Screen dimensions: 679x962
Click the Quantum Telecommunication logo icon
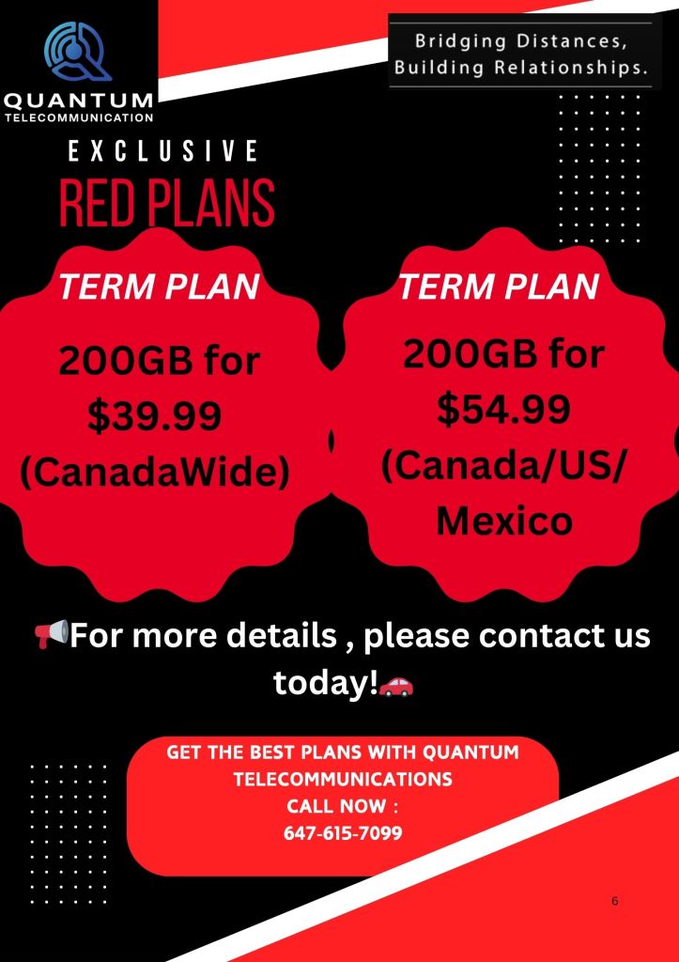coord(78,52)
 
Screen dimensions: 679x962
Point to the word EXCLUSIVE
coord(162,151)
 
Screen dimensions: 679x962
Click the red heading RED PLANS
coord(167,202)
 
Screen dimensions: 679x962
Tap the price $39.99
coord(154,415)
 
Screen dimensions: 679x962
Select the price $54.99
coord(503,410)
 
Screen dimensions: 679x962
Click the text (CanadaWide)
coord(155,473)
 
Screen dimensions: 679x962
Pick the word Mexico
coord(504,521)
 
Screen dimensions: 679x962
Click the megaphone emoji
coord(51,634)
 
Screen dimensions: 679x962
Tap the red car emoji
coord(396,687)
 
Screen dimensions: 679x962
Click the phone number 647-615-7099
coord(343,832)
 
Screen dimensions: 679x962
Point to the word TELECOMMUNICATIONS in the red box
coord(343,779)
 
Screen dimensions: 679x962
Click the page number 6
coord(615,901)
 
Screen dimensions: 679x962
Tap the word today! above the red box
coord(325,682)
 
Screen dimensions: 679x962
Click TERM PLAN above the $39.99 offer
coord(159,287)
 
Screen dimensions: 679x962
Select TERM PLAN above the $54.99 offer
coord(499,287)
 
